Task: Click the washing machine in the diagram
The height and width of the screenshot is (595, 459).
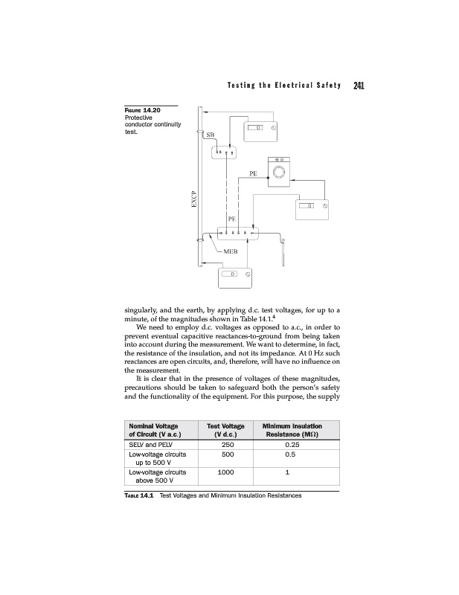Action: point(280,170)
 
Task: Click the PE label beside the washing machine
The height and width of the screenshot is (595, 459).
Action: point(254,173)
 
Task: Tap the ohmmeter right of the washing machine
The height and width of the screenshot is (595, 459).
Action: point(312,207)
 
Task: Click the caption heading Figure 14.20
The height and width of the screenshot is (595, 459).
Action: point(141,110)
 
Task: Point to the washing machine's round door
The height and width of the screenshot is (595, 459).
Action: point(280,172)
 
